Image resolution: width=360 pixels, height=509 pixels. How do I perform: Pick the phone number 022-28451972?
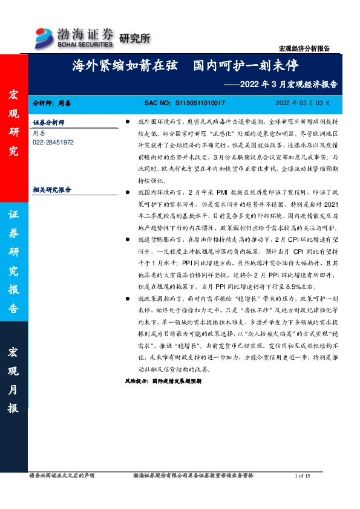[x=53, y=142]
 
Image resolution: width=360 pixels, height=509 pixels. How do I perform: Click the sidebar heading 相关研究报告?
[x=51, y=189]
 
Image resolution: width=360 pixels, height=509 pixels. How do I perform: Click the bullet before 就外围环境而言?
[x=126, y=122]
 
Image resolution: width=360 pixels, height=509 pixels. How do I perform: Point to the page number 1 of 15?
[x=301, y=476]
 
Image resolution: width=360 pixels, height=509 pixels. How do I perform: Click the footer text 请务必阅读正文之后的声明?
[x=62, y=476]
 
